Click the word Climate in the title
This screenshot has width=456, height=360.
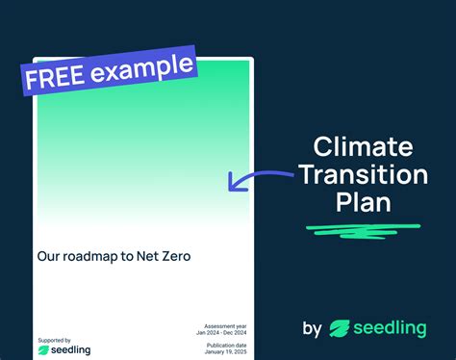click(x=363, y=148)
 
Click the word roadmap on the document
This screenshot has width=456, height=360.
click(x=94, y=257)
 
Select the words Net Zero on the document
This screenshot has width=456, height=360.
click(x=168, y=257)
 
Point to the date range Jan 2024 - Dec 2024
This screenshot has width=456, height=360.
click(x=220, y=333)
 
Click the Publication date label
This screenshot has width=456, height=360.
click(x=227, y=344)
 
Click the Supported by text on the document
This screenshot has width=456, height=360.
click(x=54, y=340)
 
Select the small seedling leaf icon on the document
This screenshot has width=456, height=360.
click(x=44, y=350)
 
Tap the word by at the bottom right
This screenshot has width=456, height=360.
click(x=312, y=329)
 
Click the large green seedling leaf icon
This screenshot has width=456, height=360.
click(x=340, y=329)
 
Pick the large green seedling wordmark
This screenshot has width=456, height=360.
click(x=390, y=329)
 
